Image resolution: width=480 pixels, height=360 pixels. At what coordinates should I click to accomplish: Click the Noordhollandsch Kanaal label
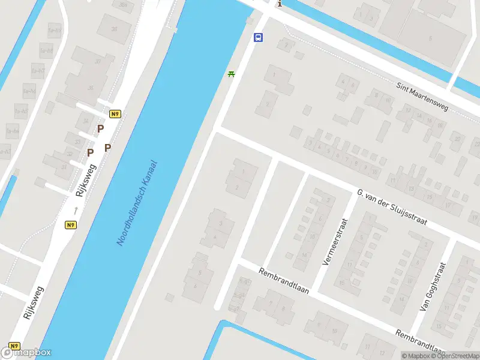137,202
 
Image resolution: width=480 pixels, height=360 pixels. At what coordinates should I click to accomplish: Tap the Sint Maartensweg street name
422,96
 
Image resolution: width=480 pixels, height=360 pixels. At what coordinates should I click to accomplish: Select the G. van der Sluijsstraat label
391,207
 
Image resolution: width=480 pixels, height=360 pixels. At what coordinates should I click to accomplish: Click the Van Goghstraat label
434,286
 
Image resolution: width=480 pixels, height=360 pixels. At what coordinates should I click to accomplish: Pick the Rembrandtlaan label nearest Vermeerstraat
283,280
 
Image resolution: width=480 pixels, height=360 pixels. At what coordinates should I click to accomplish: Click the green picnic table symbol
231,74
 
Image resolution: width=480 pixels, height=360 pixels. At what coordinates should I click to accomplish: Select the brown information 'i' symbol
279,4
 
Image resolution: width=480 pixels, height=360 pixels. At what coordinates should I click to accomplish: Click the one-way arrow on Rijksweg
76,210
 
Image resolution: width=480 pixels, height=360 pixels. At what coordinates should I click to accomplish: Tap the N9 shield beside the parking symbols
115,113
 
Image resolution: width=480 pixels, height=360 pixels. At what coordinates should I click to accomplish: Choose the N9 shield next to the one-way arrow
71,225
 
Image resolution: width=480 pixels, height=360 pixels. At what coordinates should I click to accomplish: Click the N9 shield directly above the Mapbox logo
14,346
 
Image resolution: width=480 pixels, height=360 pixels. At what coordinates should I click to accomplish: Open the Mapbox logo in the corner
26,353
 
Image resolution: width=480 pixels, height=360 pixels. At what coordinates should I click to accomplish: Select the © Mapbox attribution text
415,356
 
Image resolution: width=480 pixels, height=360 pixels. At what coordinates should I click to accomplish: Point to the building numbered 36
91,88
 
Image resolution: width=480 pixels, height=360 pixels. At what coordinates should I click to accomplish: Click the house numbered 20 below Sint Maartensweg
457,139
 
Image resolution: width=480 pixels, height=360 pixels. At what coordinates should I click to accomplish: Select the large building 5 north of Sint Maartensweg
430,38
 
